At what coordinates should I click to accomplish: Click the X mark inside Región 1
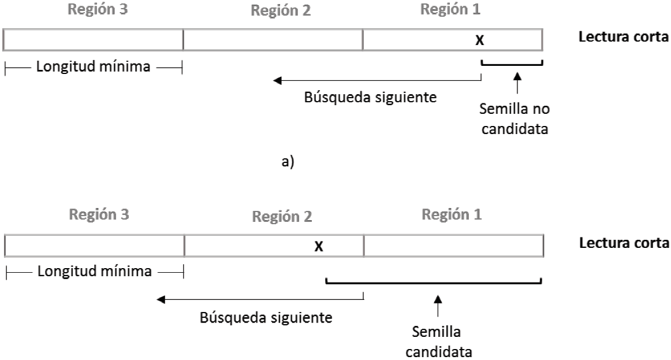click(479, 40)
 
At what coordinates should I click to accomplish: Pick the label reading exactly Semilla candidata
click(438, 341)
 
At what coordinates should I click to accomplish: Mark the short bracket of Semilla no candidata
click(512, 63)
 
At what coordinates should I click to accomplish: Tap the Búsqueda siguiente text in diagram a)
click(370, 97)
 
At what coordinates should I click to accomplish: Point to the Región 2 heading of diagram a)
click(281, 12)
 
